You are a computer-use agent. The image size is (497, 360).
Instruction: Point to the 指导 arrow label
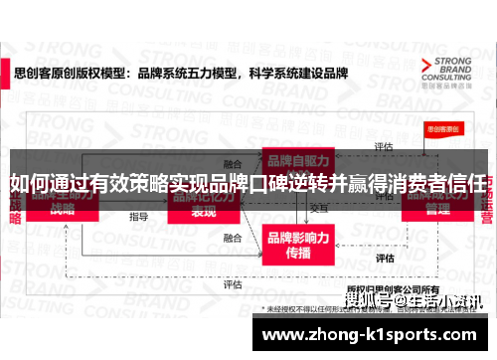[138, 216]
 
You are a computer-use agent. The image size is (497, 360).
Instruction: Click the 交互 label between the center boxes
[318, 208]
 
